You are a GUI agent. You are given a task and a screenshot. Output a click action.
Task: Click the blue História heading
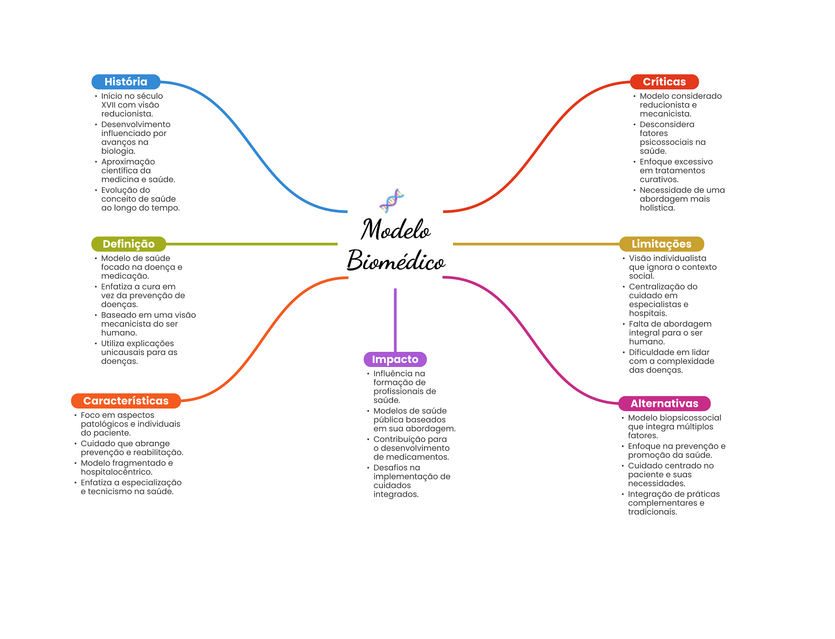coord(126,82)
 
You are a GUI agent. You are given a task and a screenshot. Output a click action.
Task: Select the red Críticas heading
coord(664,82)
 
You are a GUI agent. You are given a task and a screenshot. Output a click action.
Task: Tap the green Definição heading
coord(128,244)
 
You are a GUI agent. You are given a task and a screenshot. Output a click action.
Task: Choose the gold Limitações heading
coord(661,244)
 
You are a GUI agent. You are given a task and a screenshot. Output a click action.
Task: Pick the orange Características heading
coord(126,401)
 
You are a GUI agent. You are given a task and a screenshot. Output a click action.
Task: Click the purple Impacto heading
coord(395,359)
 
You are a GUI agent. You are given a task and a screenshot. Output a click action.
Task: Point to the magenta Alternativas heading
coord(664,404)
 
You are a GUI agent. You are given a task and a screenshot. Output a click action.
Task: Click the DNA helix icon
coord(391,200)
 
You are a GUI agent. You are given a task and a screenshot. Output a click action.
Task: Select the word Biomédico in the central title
coord(395,261)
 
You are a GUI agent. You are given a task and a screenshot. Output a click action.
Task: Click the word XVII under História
coord(108,105)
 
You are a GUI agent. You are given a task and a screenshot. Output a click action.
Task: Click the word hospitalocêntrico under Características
coord(116,472)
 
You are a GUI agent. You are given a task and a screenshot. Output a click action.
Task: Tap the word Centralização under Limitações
coord(663,287)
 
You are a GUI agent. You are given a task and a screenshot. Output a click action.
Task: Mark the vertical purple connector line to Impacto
coord(395,320)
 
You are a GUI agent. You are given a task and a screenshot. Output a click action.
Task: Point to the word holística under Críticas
coord(657,208)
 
